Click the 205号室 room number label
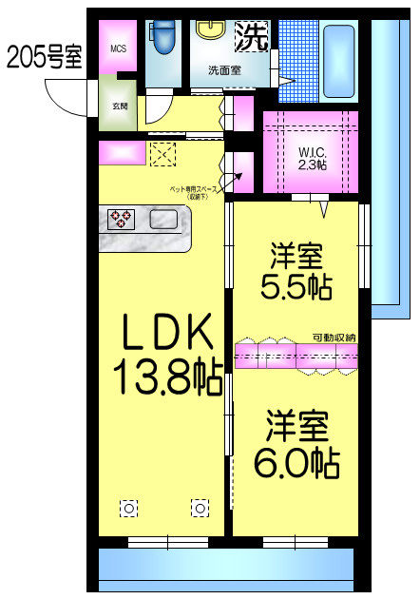(x=44, y=57)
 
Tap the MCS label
(x=118, y=49)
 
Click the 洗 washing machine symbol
(x=251, y=37)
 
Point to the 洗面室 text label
(x=224, y=69)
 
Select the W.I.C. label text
(x=312, y=151)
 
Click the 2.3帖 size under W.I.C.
(x=312, y=164)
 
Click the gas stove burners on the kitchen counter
(x=122, y=220)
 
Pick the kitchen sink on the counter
(x=162, y=221)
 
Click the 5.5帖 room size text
(x=297, y=287)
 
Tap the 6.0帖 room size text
(x=296, y=463)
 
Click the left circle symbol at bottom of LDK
(x=127, y=508)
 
